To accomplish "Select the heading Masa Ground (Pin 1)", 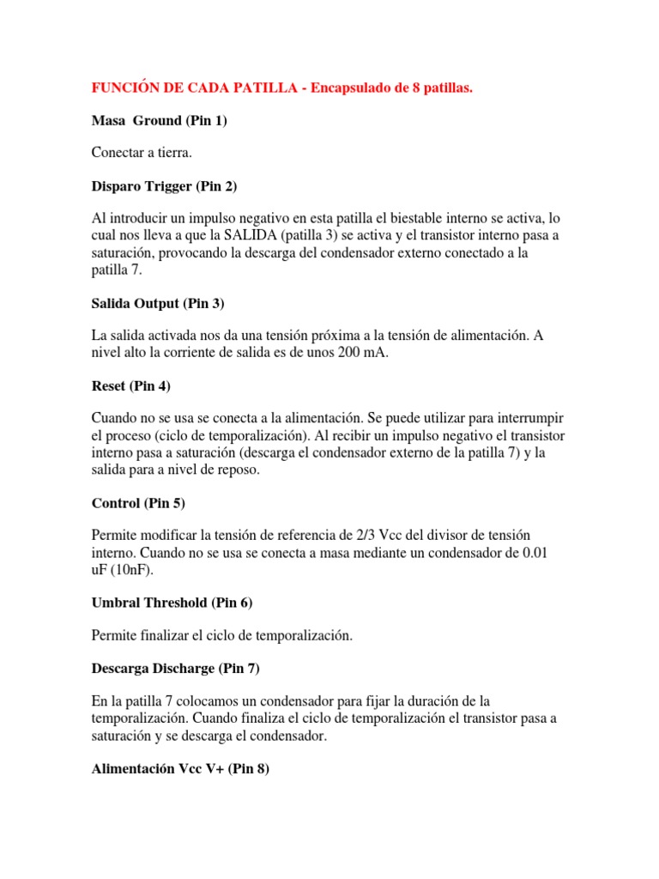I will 159,120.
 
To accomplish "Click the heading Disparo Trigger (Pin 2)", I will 165,185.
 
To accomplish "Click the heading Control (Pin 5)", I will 138,502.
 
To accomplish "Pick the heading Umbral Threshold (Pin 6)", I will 172,603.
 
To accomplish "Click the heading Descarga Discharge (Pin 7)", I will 175,668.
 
